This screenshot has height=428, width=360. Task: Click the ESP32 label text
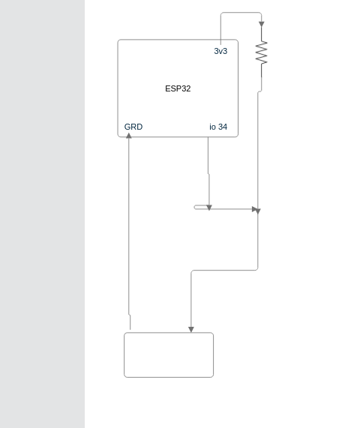coord(178,88)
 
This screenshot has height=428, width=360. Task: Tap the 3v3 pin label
coord(220,51)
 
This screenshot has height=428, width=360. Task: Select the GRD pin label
coord(133,127)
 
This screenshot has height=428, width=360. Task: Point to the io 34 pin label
coord(218,127)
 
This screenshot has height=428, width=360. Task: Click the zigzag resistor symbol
coord(262,52)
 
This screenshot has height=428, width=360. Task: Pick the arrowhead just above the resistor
coord(262,24)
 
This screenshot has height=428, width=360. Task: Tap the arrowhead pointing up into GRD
coord(129,136)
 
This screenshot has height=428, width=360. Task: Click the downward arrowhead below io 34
coord(209,208)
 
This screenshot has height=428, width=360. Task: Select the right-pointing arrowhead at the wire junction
coord(256,210)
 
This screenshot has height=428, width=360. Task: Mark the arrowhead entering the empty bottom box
coord(191,330)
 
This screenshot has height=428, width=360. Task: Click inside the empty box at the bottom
coord(169,355)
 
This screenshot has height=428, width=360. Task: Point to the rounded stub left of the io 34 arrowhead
coord(200,207)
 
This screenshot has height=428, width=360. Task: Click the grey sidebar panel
coord(42,214)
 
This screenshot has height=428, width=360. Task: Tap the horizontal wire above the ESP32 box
coord(241,12)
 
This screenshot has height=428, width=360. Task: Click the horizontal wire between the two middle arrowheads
coord(232,209)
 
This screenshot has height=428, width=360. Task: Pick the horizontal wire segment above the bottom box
coord(225,271)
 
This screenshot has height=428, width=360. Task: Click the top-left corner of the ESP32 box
coord(118,40)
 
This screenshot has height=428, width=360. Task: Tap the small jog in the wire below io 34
coord(208,174)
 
